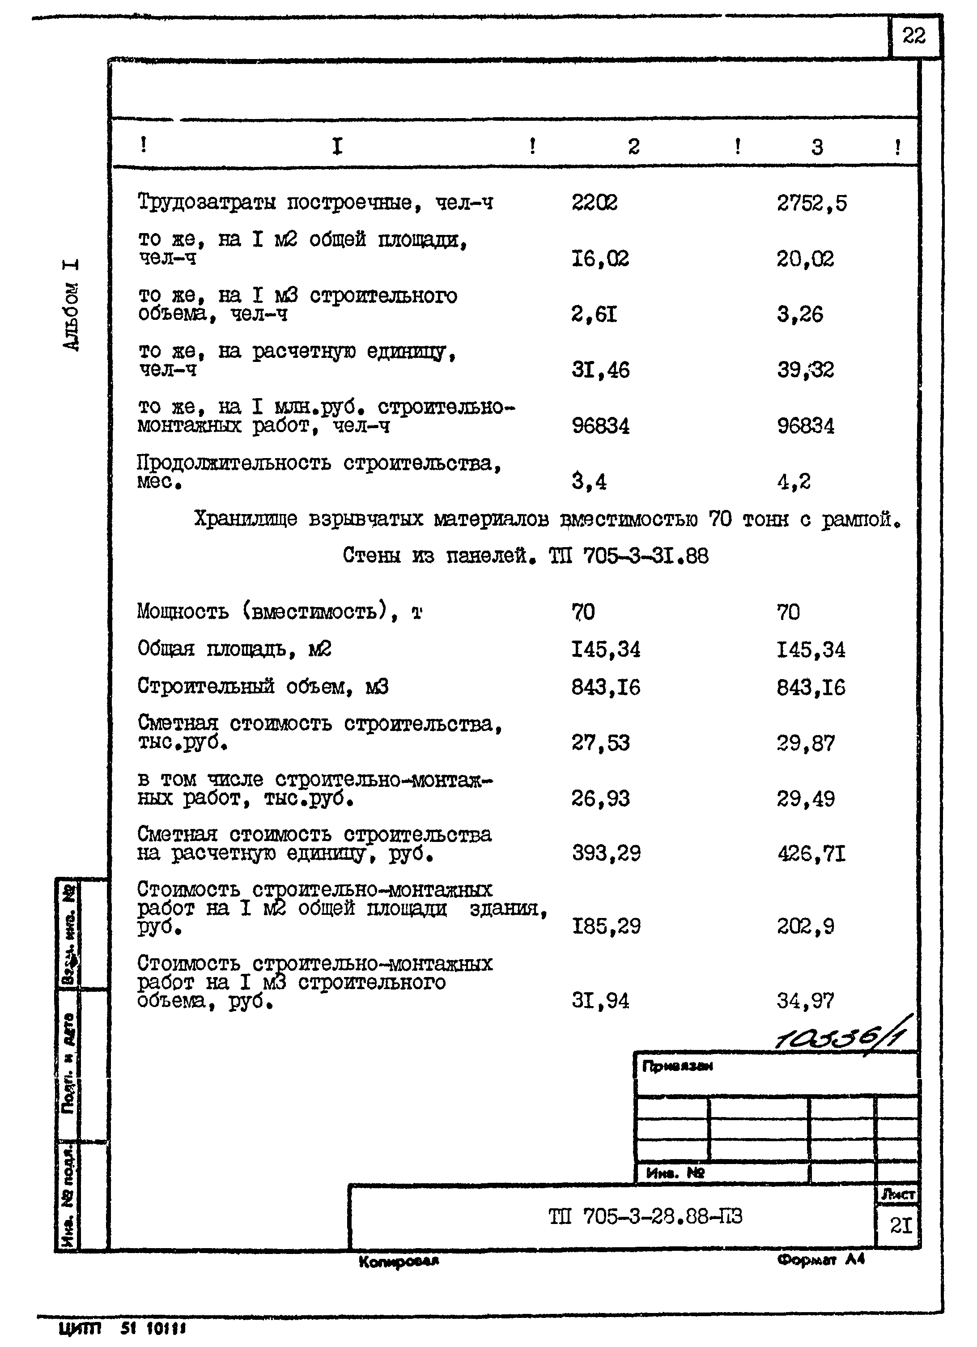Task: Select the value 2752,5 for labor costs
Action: tap(811, 204)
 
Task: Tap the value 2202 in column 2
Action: tap(594, 203)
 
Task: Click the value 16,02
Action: tap(599, 259)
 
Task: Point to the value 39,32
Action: tap(805, 370)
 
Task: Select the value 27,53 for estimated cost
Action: tap(600, 743)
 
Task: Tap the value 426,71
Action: tap(811, 854)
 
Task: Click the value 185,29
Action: tap(606, 926)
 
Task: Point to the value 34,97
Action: tap(805, 1001)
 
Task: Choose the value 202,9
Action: tap(805, 926)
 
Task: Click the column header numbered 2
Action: tap(634, 147)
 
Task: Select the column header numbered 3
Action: tap(817, 147)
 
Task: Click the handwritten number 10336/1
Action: tap(843, 1037)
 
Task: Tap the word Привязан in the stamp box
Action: tap(677, 1066)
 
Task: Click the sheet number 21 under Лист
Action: tap(901, 1225)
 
